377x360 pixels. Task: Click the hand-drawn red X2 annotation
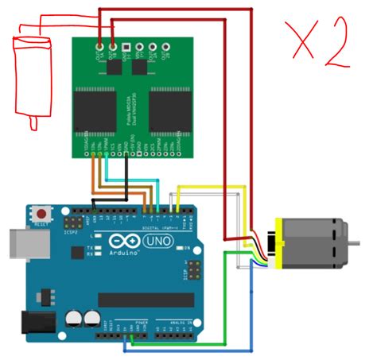[317, 45]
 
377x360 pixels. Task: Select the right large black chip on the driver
[169, 110]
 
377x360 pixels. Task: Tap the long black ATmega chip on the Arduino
[145, 300]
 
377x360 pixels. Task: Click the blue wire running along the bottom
[191, 348]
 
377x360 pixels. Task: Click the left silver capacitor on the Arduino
[72, 318]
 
